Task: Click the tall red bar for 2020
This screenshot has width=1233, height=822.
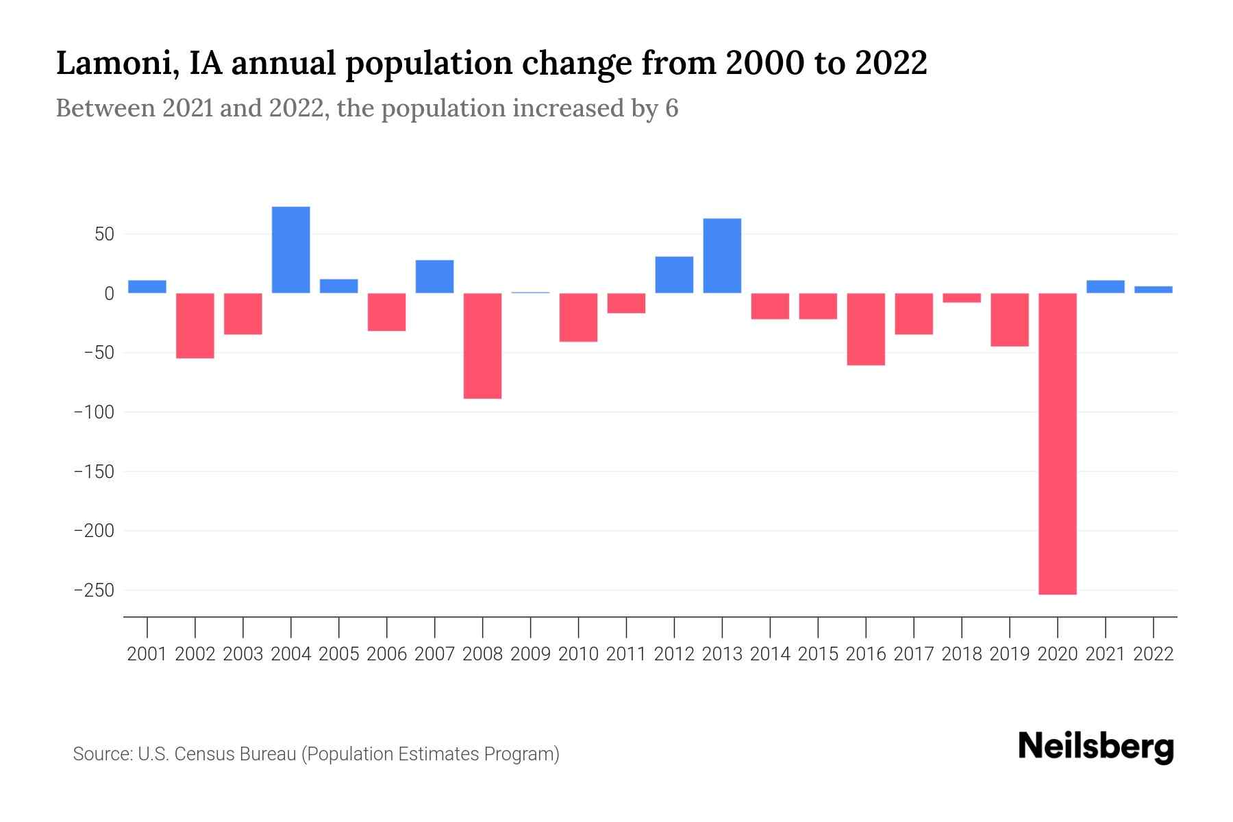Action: (x=1057, y=443)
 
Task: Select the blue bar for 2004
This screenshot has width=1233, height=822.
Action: (x=290, y=250)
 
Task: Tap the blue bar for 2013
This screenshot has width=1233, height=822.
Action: (x=722, y=256)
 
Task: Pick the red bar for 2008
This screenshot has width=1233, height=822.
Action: (x=482, y=346)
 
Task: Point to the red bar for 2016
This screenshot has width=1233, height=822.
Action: (x=866, y=329)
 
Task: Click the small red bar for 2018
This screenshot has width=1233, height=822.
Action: (x=961, y=298)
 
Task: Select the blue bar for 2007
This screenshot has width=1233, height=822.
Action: (x=434, y=277)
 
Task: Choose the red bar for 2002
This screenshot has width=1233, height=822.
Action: (x=195, y=325)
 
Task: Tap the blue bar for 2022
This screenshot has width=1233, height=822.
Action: (x=1153, y=290)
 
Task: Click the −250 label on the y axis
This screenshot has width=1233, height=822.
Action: (x=94, y=590)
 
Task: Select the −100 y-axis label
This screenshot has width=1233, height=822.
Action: (x=94, y=412)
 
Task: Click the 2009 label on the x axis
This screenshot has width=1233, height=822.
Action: (x=530, y=654)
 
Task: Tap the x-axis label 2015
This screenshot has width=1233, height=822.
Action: (x=818, y=654)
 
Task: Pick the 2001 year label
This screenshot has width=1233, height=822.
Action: (x=147, y=654)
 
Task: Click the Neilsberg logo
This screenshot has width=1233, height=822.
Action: (x=1096, y=747)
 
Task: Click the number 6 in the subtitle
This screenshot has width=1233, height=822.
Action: (x=671, y=108)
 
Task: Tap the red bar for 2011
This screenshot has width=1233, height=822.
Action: (x=626, y=303)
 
